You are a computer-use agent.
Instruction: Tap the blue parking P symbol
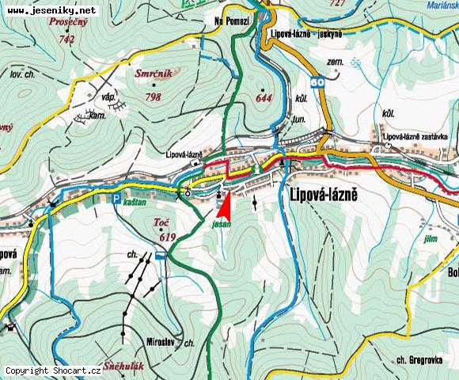(116, 199)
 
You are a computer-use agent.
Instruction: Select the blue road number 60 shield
(317, 82)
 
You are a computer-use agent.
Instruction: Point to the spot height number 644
(263, 99)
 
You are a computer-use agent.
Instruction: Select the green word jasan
(222, 225)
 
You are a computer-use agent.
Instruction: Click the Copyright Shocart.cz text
(53, 370)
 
